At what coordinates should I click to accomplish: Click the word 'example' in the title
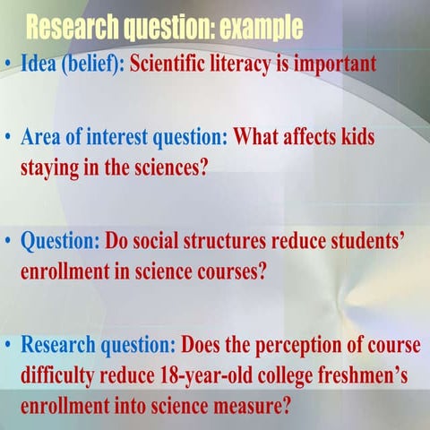pos(252,29)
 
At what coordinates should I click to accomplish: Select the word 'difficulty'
pos(61,373)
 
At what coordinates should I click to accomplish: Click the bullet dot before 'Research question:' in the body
pos(9,345)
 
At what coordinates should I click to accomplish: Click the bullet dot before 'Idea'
pos(9,66)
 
